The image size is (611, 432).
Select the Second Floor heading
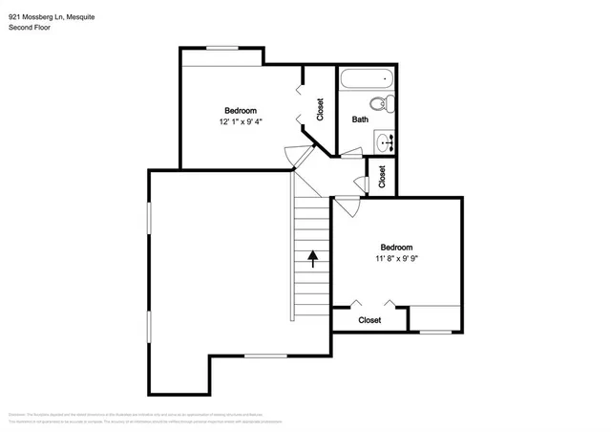(x=30, y=28)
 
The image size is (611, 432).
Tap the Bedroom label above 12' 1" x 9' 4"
(x=241, y=110)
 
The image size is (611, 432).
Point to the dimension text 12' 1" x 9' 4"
(x=241, y=121)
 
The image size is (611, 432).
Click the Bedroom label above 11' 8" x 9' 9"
(x=396, y=247)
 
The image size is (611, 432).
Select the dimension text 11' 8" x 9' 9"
(x=396, y=258)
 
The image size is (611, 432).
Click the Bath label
(x=360, y=119)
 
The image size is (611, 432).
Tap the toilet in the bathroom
(x=377, y=104)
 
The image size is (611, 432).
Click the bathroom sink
(x=384, y=143)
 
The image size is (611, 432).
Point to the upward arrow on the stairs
(x=312, y=256)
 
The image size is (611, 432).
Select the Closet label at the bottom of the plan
(x=369, y=320)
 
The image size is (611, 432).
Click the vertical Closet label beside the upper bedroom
(x=320, y=111)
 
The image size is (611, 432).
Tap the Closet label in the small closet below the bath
(x=382, y=177)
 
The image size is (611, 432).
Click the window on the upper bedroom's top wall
(x=222, y=48)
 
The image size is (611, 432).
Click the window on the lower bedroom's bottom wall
(x=435, y=332)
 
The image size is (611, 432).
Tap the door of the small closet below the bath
(x=361, y=183)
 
